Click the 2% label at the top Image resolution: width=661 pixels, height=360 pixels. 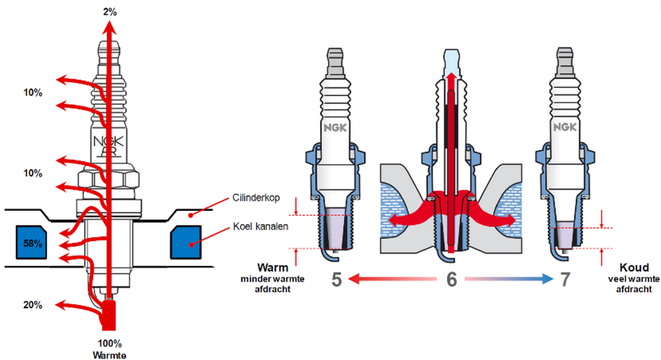tap(110, 11)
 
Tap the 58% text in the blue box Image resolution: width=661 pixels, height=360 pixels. tap(33, 243)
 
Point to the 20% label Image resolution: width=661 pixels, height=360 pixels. tap(33, 305)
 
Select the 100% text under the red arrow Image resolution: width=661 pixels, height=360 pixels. tap(110, 343)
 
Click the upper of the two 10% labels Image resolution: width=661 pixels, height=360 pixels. tap(32, 93)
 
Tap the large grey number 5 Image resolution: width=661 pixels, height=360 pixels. tap(337, 279)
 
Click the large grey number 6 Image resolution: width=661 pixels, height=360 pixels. tap(451, 279)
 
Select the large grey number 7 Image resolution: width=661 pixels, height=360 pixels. tap(565, 279)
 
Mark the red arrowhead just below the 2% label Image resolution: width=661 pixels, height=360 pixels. tap(110, 25)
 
